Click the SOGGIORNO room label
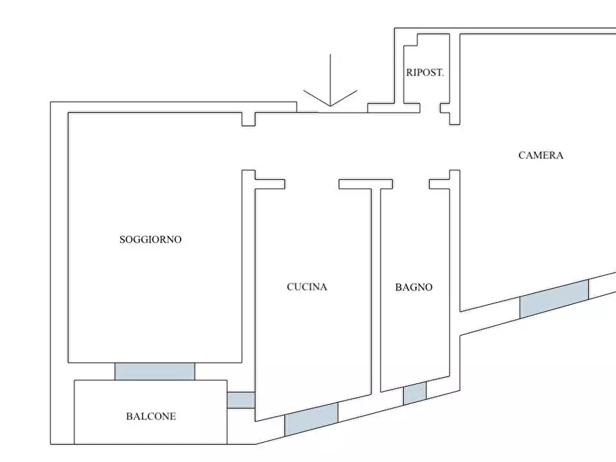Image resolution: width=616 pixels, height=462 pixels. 150,240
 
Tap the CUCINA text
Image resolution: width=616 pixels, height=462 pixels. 307,287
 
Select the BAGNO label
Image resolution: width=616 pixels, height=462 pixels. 414,287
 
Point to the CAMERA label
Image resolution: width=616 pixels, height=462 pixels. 541,156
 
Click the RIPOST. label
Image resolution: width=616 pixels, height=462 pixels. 424,72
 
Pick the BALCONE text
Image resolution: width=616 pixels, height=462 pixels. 150,416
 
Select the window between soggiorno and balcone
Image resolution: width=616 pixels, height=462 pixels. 155,371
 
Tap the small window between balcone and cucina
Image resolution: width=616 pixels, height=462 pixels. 241,400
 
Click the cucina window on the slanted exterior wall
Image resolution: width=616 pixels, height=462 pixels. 311,419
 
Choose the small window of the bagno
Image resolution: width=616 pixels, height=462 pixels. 415,394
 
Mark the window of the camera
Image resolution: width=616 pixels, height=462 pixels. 554,299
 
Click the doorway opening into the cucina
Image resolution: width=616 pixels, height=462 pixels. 312,184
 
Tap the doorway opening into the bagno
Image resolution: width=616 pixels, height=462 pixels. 411,184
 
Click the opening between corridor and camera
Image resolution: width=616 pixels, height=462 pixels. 455,148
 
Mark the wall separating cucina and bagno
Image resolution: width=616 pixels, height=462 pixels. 376,290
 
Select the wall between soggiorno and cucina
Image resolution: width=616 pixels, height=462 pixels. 248,276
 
